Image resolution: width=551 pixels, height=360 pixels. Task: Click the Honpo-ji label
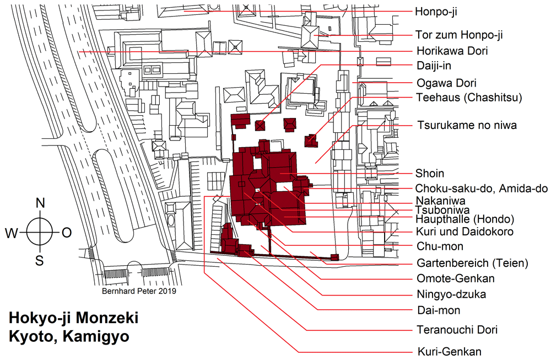(437, 11)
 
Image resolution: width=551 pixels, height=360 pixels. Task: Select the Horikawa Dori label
(452, 51)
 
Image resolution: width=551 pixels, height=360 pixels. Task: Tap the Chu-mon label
(439, 246)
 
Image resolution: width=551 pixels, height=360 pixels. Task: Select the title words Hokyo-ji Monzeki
(73, 319)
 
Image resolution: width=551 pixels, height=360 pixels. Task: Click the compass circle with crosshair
(40, 233)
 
